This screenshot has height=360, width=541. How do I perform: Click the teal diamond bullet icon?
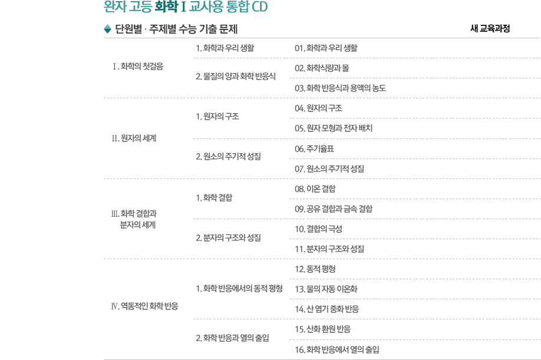[107, 29]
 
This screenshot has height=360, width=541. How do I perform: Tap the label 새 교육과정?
[490, 28]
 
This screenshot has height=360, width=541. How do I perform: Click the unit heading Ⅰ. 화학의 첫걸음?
[138, 66]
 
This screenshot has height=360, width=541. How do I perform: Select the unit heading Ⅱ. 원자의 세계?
[134, 138]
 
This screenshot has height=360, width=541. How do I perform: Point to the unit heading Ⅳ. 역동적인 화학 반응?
[144, 306]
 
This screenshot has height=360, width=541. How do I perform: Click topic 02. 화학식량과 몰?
[322, 68]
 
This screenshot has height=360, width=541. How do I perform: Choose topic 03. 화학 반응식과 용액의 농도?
[340, 88]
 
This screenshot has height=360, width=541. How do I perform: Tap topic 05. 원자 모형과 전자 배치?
[334, 128]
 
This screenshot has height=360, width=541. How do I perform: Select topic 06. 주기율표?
[314, 148]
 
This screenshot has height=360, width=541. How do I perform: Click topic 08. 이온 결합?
[315, 189]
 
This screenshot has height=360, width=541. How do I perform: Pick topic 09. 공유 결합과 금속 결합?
[334, 209]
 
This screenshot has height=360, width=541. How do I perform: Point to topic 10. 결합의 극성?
[318, 229]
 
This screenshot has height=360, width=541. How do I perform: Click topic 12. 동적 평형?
[315, 269]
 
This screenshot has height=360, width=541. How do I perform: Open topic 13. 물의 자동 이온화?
[326, 289]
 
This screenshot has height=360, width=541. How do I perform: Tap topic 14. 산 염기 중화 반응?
[326, 309]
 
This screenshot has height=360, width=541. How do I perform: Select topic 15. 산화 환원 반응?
[322, 329]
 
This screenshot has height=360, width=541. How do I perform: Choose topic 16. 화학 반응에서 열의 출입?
[337, 349]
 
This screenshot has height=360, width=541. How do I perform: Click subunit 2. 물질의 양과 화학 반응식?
[236, 76]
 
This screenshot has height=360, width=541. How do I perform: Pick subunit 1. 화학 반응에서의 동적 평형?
[239, 288]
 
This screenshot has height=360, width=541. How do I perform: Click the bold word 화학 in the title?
[166, 6]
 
